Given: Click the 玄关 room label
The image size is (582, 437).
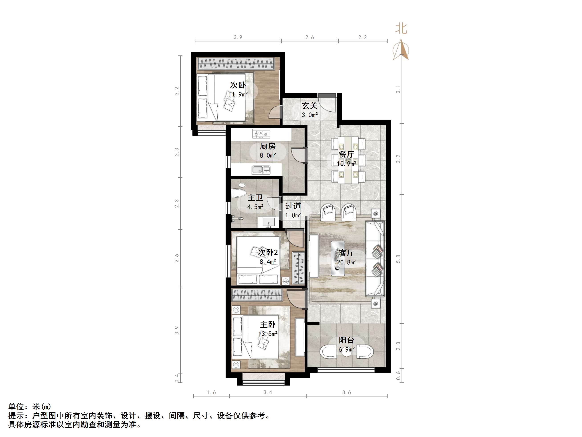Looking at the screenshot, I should [x=309, y=106].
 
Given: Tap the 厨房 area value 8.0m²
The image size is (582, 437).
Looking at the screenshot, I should [x=268, y=155].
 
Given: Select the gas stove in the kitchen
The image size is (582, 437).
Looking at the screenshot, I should [x=261, y=134].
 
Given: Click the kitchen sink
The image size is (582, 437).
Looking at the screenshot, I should [x=261, y=170].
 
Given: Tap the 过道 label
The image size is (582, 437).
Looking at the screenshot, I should [x=293, y=206].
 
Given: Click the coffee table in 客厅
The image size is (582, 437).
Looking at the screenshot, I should [x=337, y=258].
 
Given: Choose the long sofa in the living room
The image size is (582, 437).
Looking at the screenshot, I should [x=375, y=258].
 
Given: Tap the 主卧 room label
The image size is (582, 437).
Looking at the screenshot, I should [x=268, y=325].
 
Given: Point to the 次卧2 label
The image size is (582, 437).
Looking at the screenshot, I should [x=268, y=252].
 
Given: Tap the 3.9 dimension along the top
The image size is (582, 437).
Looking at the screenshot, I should [x=238, y=37].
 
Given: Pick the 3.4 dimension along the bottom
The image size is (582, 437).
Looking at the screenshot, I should [x=268, y=392].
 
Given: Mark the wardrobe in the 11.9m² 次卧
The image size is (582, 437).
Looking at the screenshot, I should [x=236, y=63].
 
